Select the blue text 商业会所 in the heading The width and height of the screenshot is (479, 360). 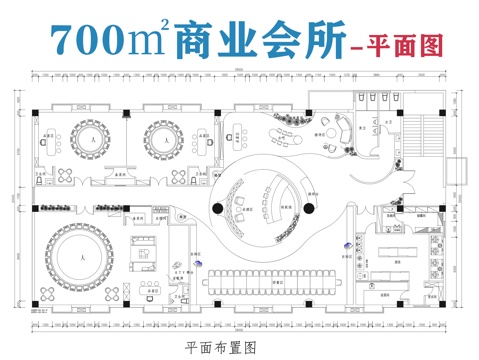[256, 40]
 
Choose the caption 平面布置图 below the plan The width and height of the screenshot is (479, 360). [221, 347]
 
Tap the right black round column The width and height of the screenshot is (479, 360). [310, 207]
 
